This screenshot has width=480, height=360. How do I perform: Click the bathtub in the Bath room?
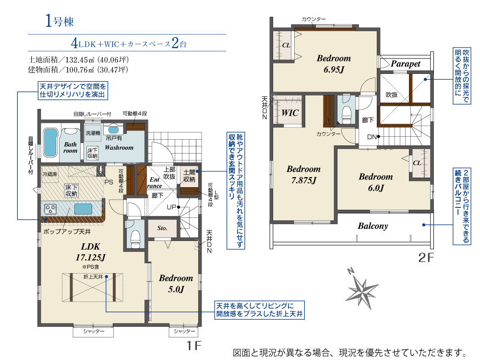(50, 143)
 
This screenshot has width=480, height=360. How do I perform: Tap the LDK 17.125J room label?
(91, 252)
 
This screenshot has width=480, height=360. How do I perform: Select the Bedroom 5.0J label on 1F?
(176, 284)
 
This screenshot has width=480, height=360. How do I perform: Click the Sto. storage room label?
(162, 228)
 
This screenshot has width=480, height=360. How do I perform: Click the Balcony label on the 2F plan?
(373, 226)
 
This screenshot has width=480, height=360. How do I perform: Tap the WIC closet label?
(289, 113)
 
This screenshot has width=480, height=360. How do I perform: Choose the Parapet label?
(405, 64)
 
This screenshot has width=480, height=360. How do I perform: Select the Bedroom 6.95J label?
(334, 64)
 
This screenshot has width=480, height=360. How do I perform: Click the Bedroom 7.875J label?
(304, 175)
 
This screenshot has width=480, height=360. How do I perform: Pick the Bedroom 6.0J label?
(376, 182)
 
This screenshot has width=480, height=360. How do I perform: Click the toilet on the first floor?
(135, 235)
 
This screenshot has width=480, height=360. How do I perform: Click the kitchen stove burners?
(50, 209)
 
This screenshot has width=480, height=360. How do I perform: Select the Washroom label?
(119, 147)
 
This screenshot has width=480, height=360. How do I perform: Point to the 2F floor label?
(426, 258)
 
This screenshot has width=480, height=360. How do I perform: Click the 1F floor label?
(194, 346)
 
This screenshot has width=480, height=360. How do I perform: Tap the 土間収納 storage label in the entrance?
(189, 176)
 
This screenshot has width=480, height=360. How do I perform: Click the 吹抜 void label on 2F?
(392, 95)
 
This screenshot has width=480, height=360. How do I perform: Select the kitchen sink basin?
(83, 209)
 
